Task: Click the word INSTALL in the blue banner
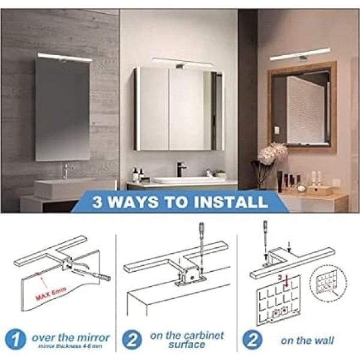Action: (x=230, y=202)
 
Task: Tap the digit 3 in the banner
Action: (x=98, y=202)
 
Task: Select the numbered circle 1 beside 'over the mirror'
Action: (x=16, y=340)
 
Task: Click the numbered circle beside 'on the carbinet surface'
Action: (x=131, y=340)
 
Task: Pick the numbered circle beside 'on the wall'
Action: (x=253, y=340)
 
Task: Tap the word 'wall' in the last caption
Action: (x=323, y=340)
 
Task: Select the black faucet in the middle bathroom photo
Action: (x=181, y=169)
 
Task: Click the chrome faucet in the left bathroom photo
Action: (x=66, y=171)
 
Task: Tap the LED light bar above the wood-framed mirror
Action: (x=301, y=54)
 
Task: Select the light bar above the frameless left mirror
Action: (x=65, y=57)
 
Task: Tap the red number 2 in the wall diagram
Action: (x=280, y=277)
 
